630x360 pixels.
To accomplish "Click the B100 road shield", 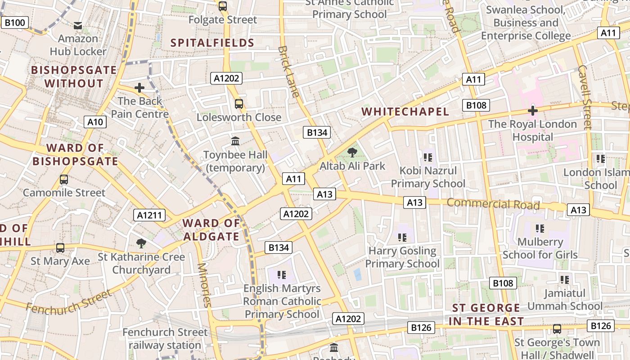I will (15, 22).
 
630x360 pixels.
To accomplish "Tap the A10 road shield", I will (95, 121).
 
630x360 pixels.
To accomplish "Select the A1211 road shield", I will (149, 215).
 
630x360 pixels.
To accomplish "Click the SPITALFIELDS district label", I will (213, 43).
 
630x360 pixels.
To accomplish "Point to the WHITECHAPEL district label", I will (405, 112).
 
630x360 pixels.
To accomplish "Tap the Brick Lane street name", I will (288, 72).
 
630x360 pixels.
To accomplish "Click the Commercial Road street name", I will (493, 204).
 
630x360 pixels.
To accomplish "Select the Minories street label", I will (204, 284).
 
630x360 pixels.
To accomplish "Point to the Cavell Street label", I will (585, 97).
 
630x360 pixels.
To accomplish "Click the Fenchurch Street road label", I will (68, 302).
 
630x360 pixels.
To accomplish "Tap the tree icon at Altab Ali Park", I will (352, 153).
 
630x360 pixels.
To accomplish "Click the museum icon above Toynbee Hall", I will (235, 141).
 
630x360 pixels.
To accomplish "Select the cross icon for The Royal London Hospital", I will (533, 110).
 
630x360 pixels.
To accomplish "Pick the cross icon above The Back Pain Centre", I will (139, 87).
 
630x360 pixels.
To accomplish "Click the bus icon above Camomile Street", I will (64, 180).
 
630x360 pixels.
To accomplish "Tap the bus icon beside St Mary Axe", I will (60, 248).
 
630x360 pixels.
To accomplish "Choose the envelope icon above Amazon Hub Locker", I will (78, 26).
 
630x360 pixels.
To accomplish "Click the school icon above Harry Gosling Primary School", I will (402, 237).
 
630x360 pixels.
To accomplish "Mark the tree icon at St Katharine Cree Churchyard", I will (141, 243).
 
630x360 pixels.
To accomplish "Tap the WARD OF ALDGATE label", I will (211, 229).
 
